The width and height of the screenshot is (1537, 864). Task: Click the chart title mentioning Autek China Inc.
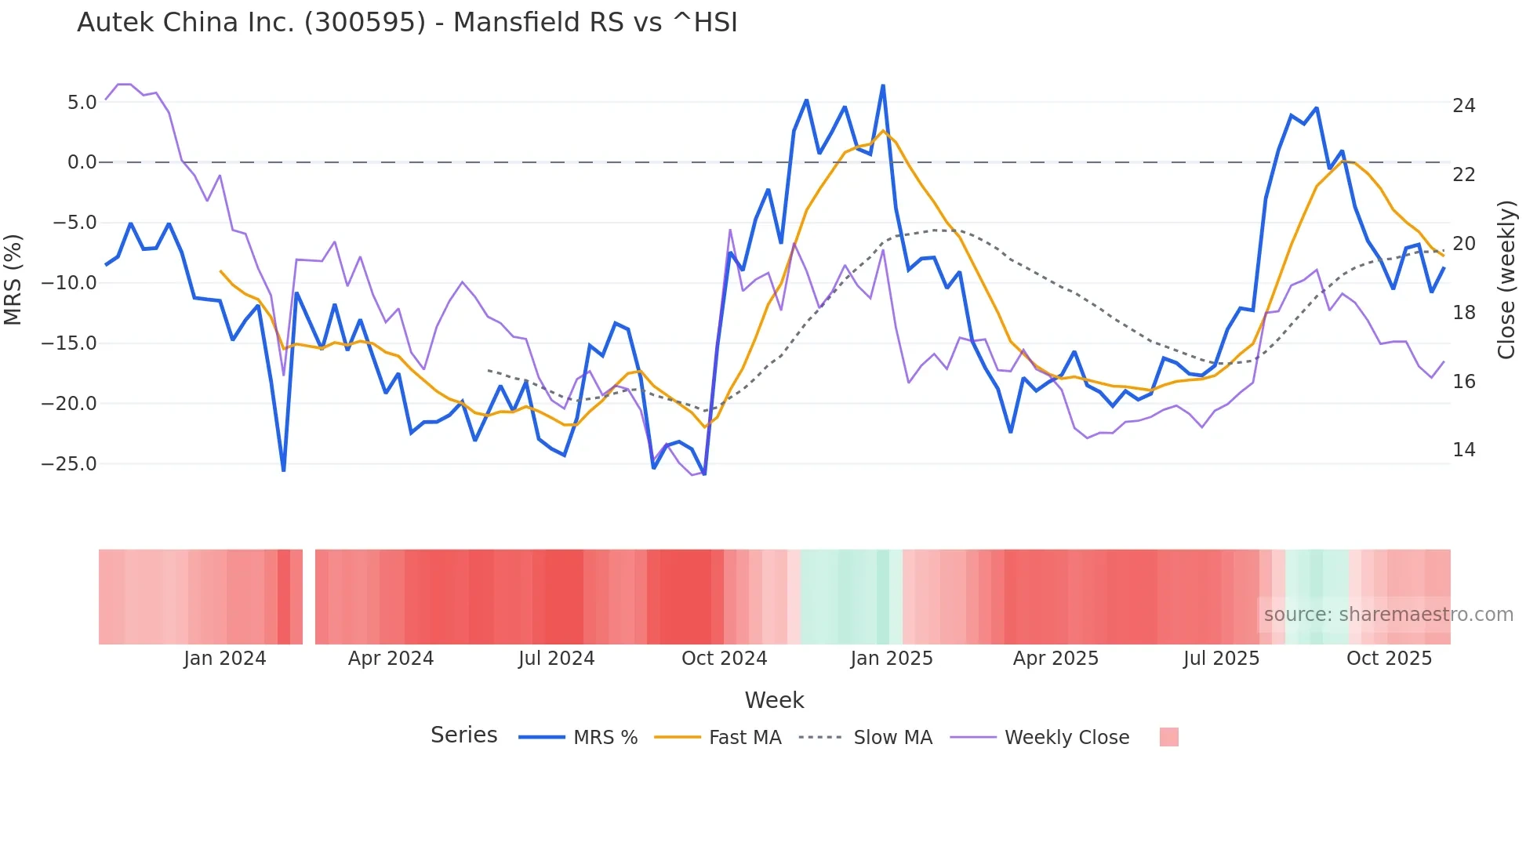(x=407, y=23)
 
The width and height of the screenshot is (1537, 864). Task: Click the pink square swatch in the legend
(x=1168, y=737)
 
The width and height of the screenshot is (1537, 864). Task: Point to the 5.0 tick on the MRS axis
(x=82, y=103)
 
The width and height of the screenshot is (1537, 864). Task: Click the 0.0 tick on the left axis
(x=82, y=162)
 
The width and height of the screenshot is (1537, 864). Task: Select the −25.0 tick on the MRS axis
(x=70, y=464)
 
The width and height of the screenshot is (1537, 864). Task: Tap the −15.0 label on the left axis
(x=70, y=343)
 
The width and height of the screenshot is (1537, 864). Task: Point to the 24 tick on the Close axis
(x=1463, y=106)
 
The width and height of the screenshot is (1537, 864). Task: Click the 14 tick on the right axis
(x=1463, y=450)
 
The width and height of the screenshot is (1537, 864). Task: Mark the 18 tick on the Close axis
(x=1463, y=313)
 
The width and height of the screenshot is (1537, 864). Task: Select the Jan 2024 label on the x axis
(x=225, y=659)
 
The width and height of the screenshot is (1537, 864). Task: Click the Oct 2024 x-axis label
(x=724, y=659)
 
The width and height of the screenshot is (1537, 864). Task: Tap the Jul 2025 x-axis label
(x=1221, y=659)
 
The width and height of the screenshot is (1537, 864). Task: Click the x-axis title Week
(x=774, y=700)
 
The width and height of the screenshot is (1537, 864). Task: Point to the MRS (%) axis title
(x=13, y=280)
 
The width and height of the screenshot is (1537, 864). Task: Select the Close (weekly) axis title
(x=1506, y=280)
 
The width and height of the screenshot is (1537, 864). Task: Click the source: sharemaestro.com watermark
(x=1388, y=615)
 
